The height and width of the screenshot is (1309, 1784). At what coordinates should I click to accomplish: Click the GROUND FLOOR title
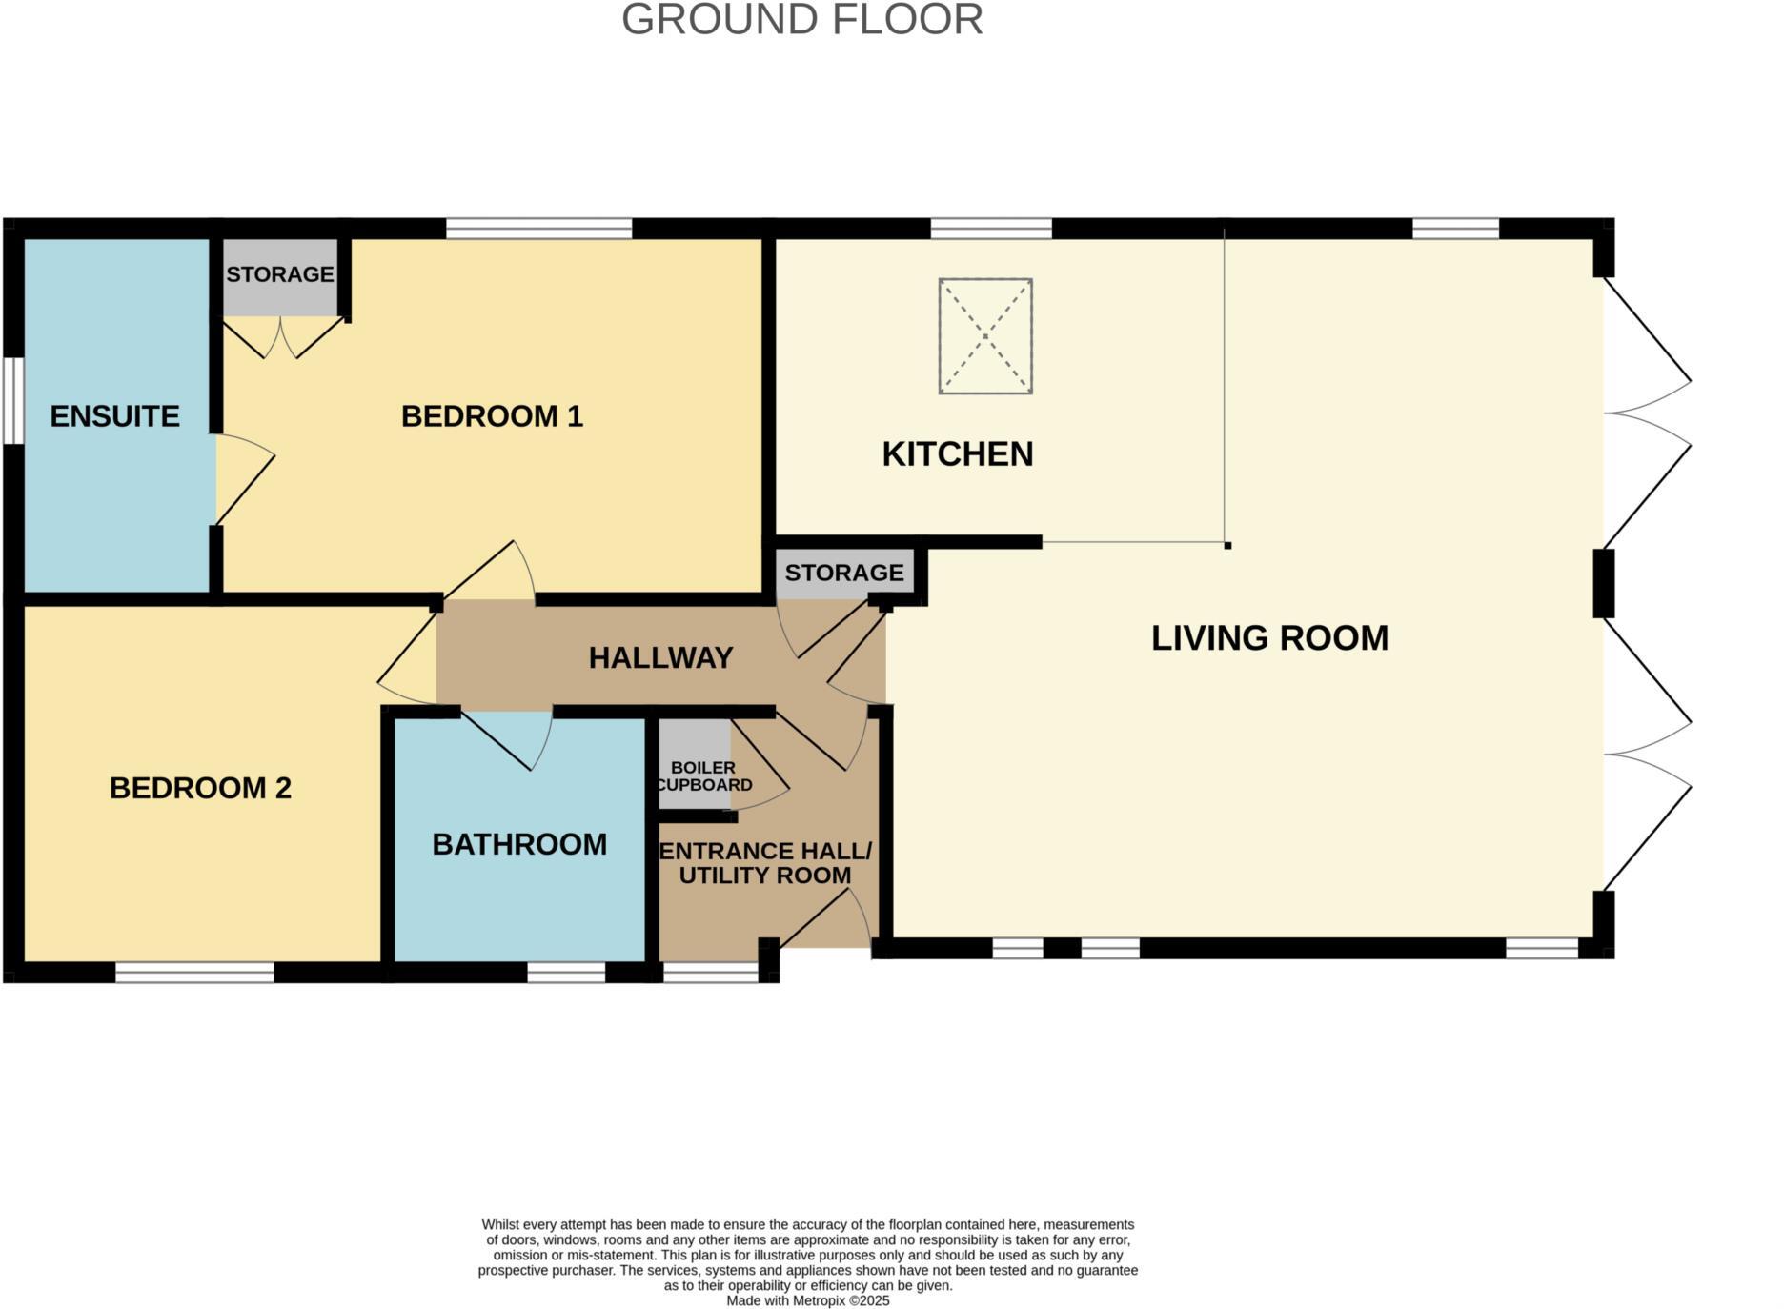801,20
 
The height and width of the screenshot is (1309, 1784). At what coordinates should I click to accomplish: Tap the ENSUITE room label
114,416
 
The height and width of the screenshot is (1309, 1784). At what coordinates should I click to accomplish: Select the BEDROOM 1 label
492,416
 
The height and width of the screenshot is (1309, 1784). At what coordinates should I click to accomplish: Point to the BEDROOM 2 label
200,788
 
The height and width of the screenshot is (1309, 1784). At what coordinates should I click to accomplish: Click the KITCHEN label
957,454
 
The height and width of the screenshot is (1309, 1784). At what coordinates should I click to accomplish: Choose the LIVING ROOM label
1269,638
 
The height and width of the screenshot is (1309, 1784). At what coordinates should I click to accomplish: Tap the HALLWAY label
660,657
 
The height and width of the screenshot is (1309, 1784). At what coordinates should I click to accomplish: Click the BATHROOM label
519,844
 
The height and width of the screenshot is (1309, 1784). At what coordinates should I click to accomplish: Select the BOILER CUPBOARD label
703,775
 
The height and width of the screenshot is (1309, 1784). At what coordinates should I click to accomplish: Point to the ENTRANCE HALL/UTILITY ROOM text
765,863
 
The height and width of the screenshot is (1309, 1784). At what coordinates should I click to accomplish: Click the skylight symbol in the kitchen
985,336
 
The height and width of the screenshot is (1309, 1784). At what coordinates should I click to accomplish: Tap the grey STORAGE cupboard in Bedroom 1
279,276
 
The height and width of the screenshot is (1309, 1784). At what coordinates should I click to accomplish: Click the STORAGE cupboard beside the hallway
844,573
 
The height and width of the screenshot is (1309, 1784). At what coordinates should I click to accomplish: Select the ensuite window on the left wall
13,400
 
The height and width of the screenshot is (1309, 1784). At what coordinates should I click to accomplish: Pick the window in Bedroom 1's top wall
538,229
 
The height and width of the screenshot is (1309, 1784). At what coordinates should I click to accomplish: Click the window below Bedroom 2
194,972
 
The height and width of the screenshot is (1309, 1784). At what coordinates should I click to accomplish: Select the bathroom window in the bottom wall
566,972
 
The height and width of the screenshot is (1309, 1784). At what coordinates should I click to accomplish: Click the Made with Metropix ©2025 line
807,1300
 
